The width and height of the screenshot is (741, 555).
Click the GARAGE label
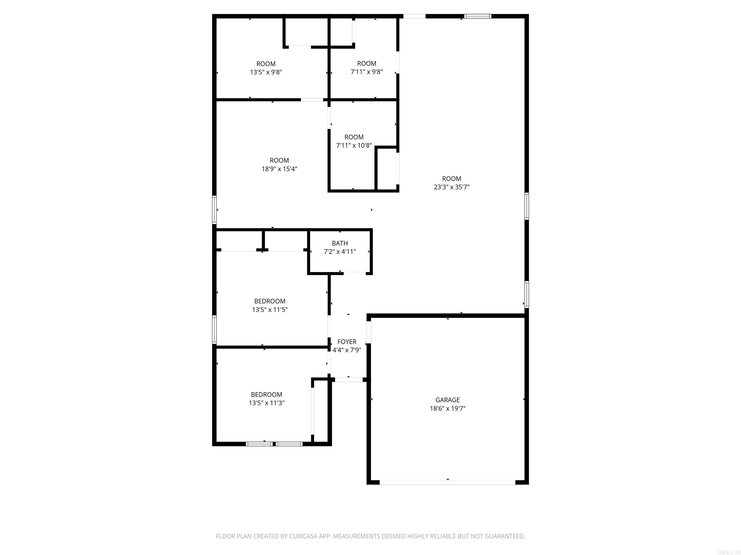click(447, 400)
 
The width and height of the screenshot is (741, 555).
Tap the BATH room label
click(340, 243)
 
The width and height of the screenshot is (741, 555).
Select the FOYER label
click(347, 342)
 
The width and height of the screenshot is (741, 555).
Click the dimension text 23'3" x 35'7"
click(452, 187)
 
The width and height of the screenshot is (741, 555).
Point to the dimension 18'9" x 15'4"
click(279, 169)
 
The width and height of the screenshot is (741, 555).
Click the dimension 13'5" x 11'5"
click(270, 310)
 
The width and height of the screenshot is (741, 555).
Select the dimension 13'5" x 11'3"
click(266, 403)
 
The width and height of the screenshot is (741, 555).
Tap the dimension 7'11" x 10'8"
click(354, 145)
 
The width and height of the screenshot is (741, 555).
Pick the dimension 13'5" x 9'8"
click(266, 72)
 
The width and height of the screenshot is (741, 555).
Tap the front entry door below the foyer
click(349, 380)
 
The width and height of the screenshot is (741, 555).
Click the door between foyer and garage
click(369, 332)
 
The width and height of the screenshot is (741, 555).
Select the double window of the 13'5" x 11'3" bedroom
click(274, 444)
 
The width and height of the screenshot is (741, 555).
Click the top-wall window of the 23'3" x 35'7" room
click(478, 16)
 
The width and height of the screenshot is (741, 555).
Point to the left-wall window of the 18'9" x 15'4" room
click(214, 209)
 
